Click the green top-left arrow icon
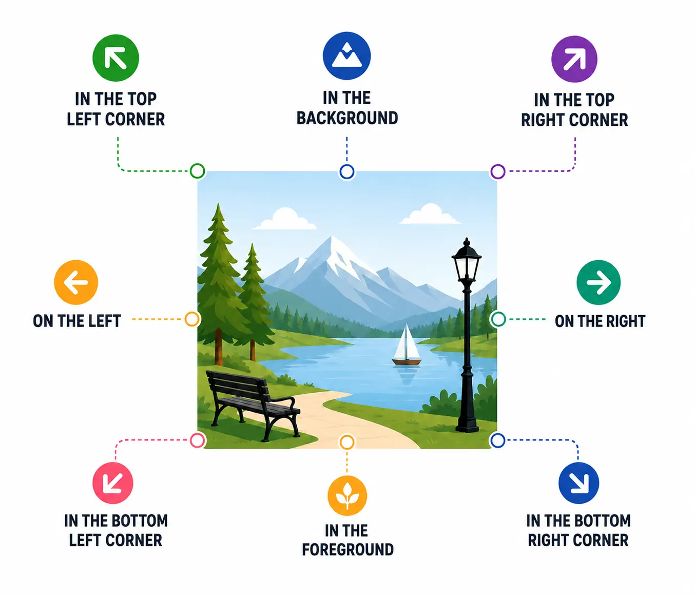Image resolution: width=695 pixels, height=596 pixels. [x=115, y=58]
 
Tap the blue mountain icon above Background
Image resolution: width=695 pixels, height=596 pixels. [x=346, y=56]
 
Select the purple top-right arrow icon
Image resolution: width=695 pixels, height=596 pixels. [x=574, y=59]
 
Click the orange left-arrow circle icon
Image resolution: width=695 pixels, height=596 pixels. [x=76, y=282]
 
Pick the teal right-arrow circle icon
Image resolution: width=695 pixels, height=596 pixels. [x=599, y=282]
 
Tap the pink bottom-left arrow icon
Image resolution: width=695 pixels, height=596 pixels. [x=112, y=483]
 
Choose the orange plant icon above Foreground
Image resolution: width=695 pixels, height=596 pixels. [x=347, y=495]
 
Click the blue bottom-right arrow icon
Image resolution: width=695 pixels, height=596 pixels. [x=578, y=483]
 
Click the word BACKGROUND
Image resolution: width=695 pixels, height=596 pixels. [x=347, y=118]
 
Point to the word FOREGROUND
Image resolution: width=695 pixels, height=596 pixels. [x=347, y=550]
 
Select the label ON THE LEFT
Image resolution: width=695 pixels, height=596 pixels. [x=77, y=321]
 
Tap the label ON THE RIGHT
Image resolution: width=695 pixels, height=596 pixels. [x=600, y=321]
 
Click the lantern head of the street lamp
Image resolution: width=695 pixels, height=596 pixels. [x=467, y=258]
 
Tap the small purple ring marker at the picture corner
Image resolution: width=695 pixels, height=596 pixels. [x=497, y=171]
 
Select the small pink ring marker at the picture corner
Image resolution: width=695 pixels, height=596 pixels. [x=198, y=440]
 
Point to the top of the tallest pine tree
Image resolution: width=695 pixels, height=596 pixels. [x=219, y=203]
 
